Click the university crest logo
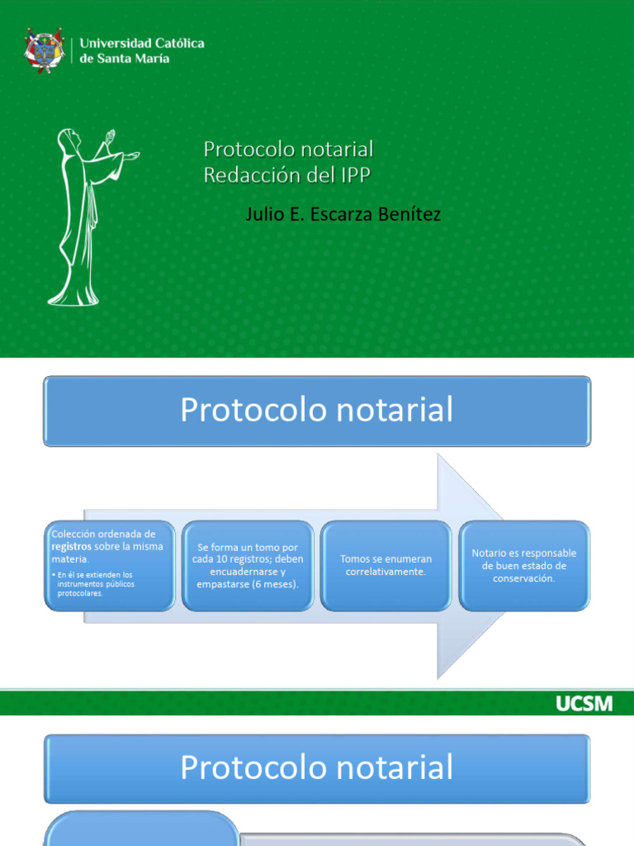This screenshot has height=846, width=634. click(x=44, y=50)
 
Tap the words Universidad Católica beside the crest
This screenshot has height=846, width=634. click(x=141, y=43)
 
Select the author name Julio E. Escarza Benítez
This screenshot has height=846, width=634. click(x=343, y=215)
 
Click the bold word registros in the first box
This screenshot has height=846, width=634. click(x=71, y=546)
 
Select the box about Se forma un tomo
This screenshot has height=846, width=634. click(x=248, y=565)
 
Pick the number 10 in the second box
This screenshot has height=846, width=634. click(x=232, y=559)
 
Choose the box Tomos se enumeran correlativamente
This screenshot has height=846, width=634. click(x=386, y=565)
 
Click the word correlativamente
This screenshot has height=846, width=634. click(x=386, y=572)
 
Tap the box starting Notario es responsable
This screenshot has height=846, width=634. click(x=524, y=565)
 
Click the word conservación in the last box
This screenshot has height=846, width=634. click(x=524, y=578)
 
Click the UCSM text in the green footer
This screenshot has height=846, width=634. click(x=584, y=704)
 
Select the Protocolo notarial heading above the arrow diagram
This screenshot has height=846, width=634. click(x=317, y=411)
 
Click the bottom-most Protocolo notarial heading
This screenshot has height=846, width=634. click(x=317, y=768)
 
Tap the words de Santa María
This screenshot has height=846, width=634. click(x=125, y=59)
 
